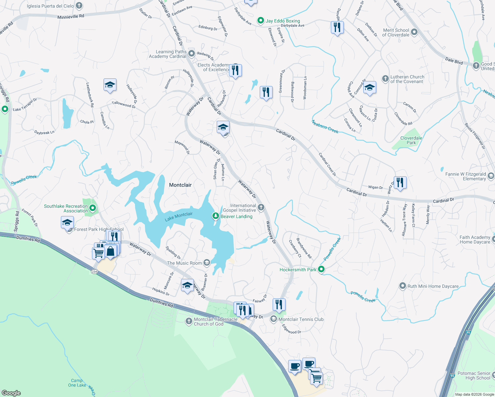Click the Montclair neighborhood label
pos(180,185)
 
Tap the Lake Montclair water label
pos(179,217)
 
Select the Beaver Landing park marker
pos(216,216)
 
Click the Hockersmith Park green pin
pos(321,269)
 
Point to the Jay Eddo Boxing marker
pos(261,21)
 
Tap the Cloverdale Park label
pos(411,140)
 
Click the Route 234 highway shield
pos(95,272)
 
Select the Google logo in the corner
pos(11,393)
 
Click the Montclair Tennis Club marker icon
pos(274,319)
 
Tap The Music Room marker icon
pos(207,263)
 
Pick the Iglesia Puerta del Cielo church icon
pos(79,6)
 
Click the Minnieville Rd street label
pos(71,16)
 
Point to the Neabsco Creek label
pos(325,127)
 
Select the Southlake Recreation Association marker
pos(93,208)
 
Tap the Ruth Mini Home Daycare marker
pos(403,286)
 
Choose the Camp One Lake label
pos(77,383)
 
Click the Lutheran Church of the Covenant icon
pos(385,79)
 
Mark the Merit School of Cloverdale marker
pos(414,32)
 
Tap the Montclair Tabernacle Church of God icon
pos(189,321)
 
